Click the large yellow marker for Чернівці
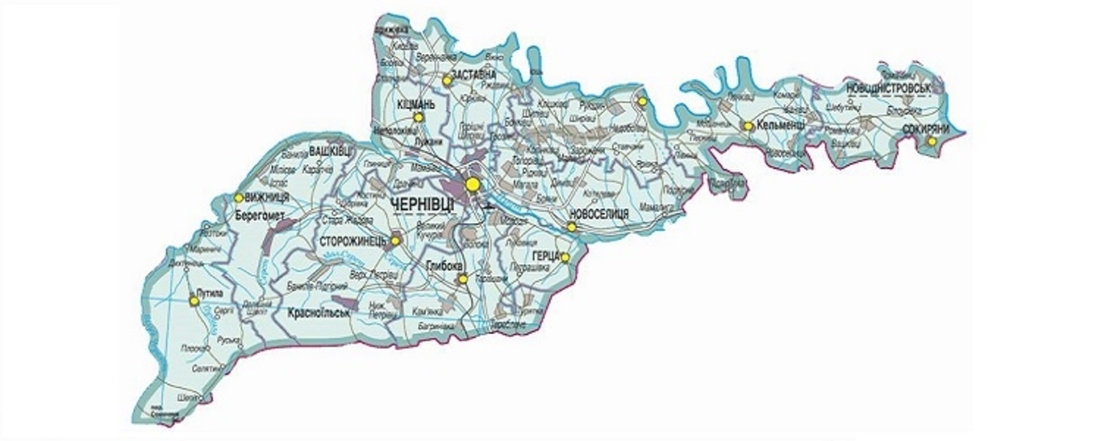tap(473, 182)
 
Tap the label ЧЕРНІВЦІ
tap(425, 205)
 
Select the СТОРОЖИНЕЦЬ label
tap(353, 240)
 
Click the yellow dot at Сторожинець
tap(395, 240)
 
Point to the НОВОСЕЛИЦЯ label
tap(599, 213)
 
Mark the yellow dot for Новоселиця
tap(571, 227)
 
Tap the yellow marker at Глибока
tap(462, 279)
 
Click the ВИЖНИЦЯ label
tap(268, 197)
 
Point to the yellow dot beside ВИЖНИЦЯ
tap(239, 197)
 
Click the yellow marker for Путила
tap(194, 301)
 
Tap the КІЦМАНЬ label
tap(416, 104)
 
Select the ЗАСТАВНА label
tap(474, 74)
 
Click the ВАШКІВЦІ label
tap(330, 150)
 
